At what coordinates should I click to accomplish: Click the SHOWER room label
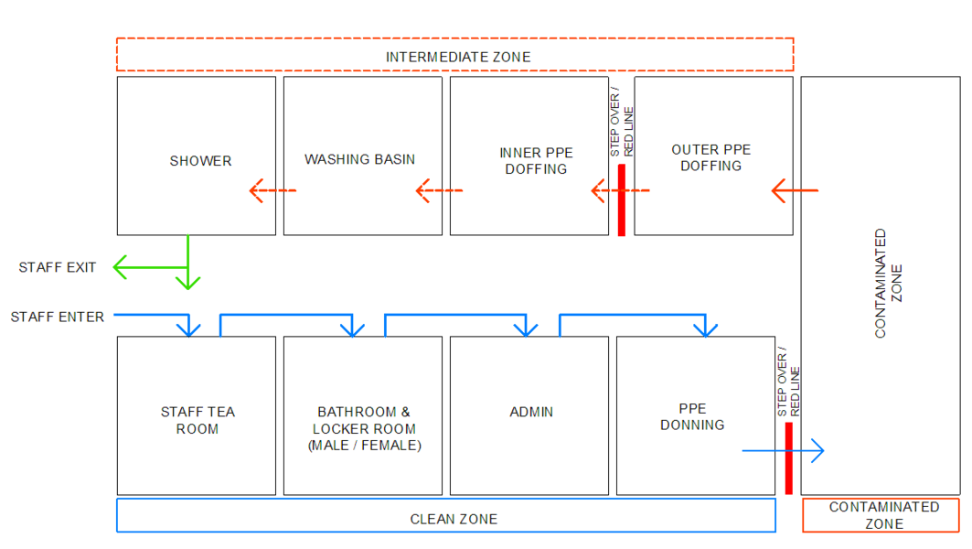(x=200, y=161)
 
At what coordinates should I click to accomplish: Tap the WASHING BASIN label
(x=359, y=159)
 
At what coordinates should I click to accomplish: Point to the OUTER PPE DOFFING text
(x=710, y=157)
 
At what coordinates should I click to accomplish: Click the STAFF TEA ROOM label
(x=198, y=420)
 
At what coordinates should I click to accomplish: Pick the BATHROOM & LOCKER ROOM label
(x=364, y=428)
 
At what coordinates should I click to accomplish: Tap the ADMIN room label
(x=530, y=412)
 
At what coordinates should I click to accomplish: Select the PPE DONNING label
(x=692, y=416)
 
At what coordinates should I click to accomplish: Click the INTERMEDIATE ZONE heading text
(x=457, y=57)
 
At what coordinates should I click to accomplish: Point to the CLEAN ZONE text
(x=454, y=519)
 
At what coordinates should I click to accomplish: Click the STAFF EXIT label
(x=57, y=267)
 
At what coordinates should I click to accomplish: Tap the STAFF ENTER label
(x=57, y=317)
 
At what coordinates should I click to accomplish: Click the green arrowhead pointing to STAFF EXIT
(x=120, y=267)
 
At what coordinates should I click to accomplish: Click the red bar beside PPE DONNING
(x=788, y=457)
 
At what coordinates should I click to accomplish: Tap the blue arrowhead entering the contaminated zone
(x=818, y=450)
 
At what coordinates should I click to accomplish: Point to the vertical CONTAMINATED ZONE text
(x=888, y=284)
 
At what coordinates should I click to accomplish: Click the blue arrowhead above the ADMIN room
(x=526, y=329)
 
